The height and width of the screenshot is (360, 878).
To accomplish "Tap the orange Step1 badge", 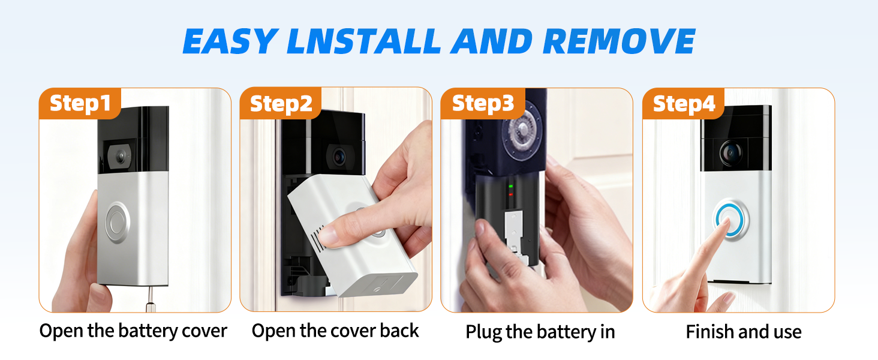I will [80, 103].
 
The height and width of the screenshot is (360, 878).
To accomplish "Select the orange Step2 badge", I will [281, 103].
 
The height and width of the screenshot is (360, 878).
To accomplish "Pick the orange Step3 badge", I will [483, 103].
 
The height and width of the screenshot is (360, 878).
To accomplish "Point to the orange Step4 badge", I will [684, 103].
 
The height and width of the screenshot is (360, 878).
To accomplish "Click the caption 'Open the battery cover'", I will [133, 331].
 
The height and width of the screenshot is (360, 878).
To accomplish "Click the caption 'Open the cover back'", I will [335, 331].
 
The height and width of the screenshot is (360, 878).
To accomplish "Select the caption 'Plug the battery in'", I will [540, 332].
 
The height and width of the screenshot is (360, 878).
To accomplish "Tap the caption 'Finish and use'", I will [744, 332].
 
